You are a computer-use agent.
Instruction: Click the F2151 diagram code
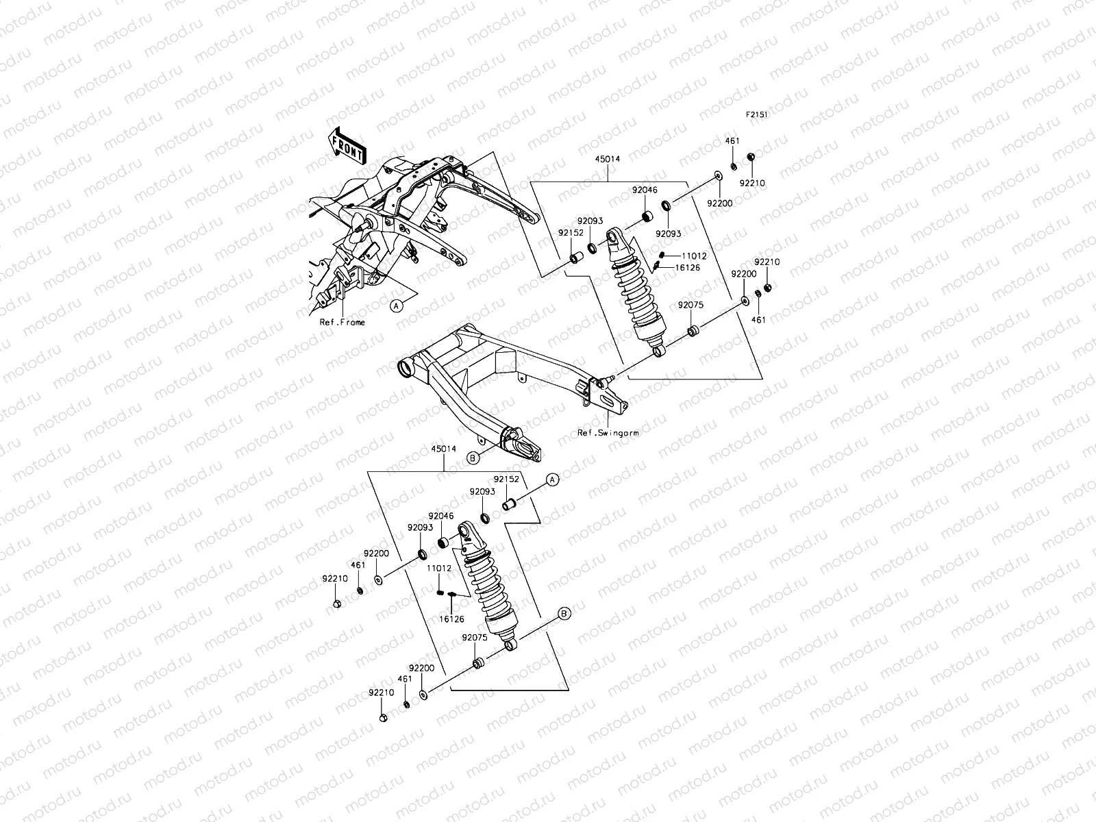[x=757, y=116]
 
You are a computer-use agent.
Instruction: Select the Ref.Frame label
[x=342, y=322]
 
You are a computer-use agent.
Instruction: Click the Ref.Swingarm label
[x=608, y=433]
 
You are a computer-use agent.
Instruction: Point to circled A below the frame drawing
[x=397, y=306]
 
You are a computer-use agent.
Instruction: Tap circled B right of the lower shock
[x=564, y=613]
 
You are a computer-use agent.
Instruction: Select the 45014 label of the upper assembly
[x=608, y=159]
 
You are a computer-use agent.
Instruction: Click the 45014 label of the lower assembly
[x=443, y=449]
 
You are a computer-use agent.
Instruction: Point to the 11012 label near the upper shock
[x=694, y=256]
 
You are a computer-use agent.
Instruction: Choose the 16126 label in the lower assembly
[x=451, y=619]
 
